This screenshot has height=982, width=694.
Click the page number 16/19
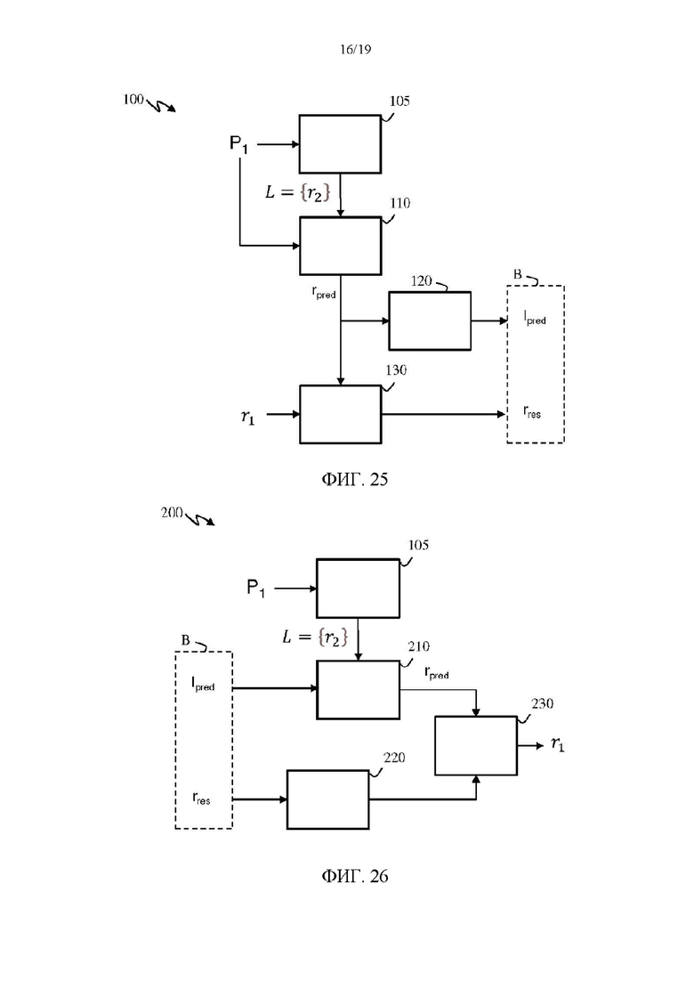pyautogui.click(x=355, y=50)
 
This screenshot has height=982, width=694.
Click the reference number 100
pyautogui.click(x=133, y=99)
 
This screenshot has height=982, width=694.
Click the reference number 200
pyautogui.click(x=172, y=512)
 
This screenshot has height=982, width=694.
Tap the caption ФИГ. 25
pyautogui.click(x=355, y=479)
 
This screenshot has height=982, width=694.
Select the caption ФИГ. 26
pyautogui.click(x=355, y=875)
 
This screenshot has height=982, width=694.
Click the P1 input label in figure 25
pyautogui.click(x=238, y=144)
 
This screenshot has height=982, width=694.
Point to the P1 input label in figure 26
pyautogui.click(x=256, y=588)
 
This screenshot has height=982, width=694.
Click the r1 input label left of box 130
pyautogui.click(x=248, y=417)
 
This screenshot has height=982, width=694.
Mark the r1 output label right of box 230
pyautogui.click(x=558, y=744)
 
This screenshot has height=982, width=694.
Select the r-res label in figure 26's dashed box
pyautogui.click(x=201, y=798)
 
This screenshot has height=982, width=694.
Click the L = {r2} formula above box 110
pyautogui.click(x=297, y=191)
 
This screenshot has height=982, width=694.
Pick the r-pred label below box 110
pyautogui.click(x=324, y=293)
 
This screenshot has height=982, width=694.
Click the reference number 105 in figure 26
pyautogui.click(x=419, y=545)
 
